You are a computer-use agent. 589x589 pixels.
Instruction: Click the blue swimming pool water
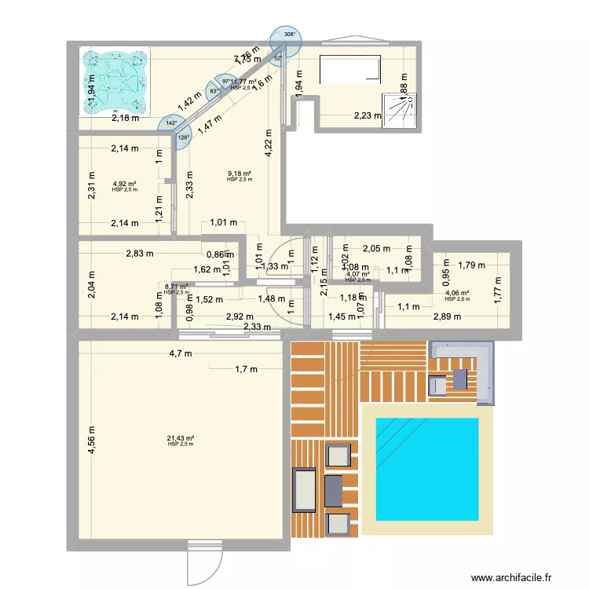coord(427,469)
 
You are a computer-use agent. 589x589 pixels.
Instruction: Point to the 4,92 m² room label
coord(124,185)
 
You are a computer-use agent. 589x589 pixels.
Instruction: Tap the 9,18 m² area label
coord(239,174)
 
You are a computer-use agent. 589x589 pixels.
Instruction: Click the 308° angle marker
coord(290,35)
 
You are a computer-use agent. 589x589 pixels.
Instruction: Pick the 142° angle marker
coord(170,123)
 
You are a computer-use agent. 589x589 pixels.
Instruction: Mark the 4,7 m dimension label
coord(180,353)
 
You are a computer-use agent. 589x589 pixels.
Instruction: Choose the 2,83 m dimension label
coord(142,254)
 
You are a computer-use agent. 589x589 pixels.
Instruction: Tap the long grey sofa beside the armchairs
coord(305,491)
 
